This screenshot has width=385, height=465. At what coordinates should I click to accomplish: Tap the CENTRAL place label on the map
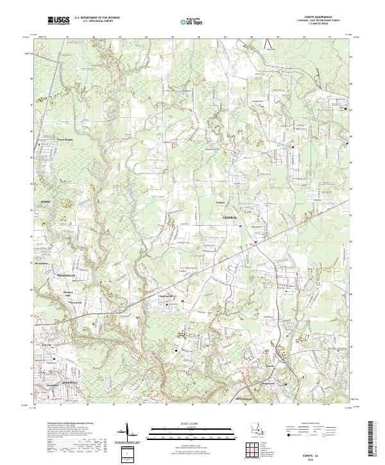(x=230, y=218)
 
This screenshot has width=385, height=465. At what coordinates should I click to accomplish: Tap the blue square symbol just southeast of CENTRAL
(x=241, y=226)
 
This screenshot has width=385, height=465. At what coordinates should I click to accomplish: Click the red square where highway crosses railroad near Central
(x=255, y=242)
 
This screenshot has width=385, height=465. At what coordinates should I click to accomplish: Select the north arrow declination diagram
(x=128, y=432)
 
